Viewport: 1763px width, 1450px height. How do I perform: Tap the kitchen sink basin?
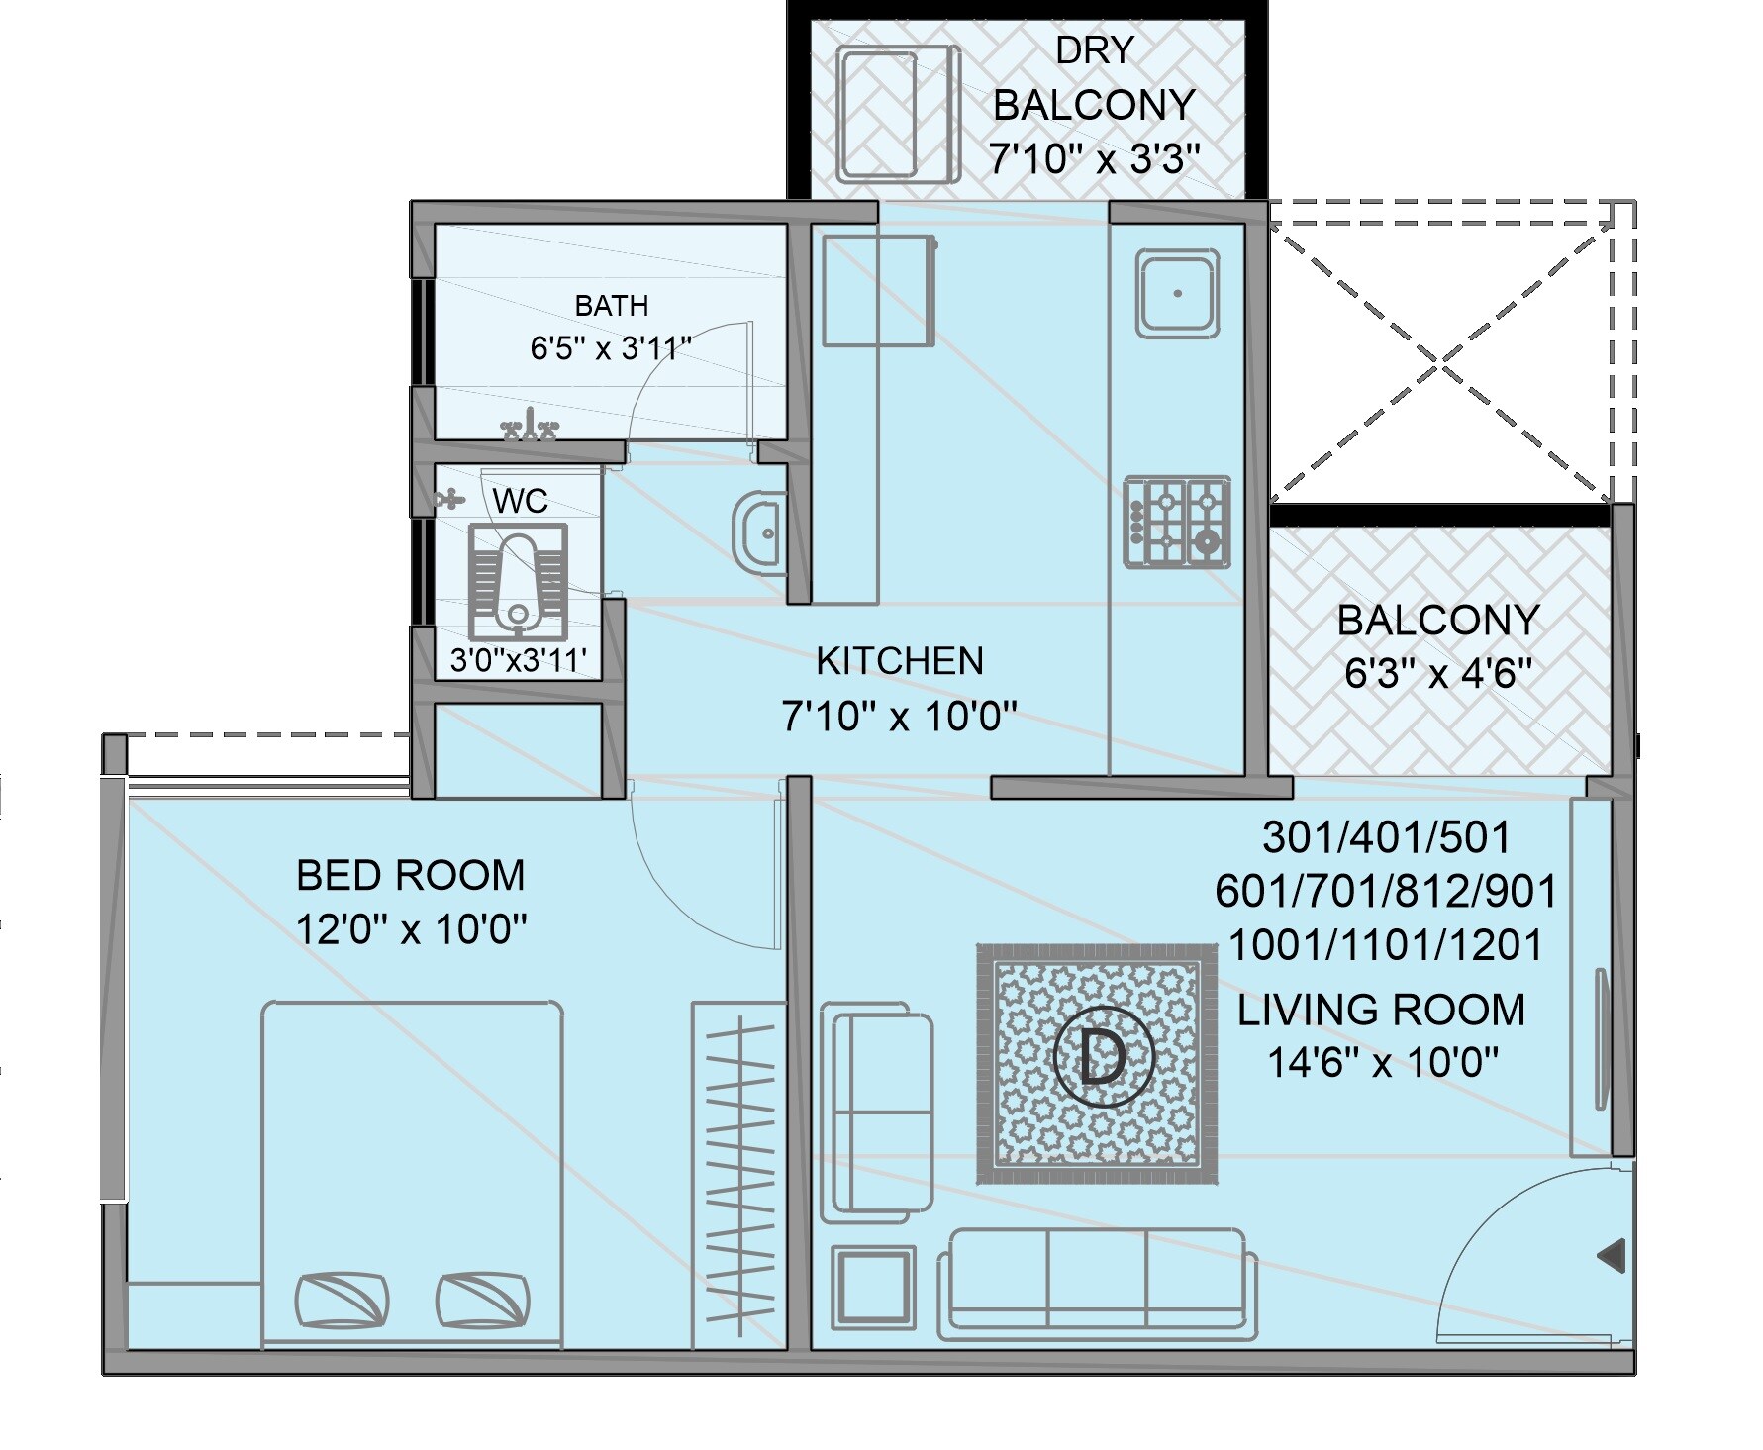click(x=1177, y=293)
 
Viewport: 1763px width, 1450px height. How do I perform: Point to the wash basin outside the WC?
click(x=758, y=532)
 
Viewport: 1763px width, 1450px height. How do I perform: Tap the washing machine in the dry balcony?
click(x=899, y=116)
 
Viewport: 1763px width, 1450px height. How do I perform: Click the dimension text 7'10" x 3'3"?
click(x=1095, y=157)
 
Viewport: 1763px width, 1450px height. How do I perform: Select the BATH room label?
click(x=612, y=306)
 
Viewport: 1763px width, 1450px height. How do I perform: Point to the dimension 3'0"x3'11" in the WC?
click(x=519, y=660)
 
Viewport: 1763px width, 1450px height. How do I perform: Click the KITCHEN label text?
click(x=900, y=661)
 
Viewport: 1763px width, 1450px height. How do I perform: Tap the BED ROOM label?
click(x=411, y=876)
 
